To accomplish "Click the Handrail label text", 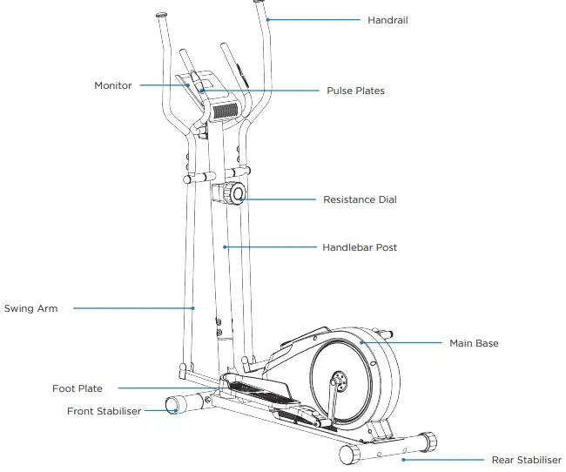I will coord(387,19).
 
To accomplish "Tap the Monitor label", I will coord(113,85).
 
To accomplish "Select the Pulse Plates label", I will coord(355,91).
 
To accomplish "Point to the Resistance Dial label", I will coord(360,199).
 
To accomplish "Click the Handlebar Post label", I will coord(360,247).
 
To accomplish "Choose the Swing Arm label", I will coord(30,308).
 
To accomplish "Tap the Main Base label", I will coord(474,343).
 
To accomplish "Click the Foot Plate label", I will coord(77,388).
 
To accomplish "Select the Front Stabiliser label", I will coord(104,411).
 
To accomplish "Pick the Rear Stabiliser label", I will coord(527,460).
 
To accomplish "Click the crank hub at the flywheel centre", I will coord(337,380).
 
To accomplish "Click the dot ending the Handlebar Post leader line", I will coord(226,247).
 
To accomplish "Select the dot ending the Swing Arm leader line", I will coord(193,308).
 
